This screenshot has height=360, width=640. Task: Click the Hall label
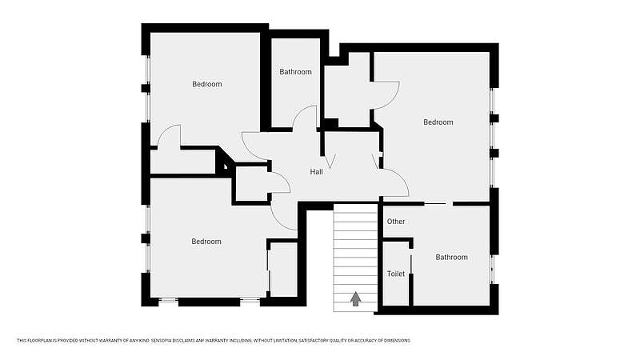point(316,172)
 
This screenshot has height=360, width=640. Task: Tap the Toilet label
point(396,274)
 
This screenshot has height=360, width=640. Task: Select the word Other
point(396,222)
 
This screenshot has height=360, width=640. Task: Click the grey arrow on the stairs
point(355,298)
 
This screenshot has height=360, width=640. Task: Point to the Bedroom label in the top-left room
point(207,84)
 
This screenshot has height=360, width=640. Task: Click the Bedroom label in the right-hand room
point(438,122)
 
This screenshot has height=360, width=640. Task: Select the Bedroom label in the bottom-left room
point(206,242)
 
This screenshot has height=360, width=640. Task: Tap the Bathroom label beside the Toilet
point(451,257)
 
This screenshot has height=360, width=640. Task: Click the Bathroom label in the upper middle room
point(295,72)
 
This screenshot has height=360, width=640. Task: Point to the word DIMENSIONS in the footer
point(398,341)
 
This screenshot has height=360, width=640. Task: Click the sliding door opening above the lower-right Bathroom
point(438,203)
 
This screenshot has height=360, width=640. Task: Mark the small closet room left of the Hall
point(251,184)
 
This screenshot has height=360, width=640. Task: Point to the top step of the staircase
point(355,208)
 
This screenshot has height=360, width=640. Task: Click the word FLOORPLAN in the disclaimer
point(36,341)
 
